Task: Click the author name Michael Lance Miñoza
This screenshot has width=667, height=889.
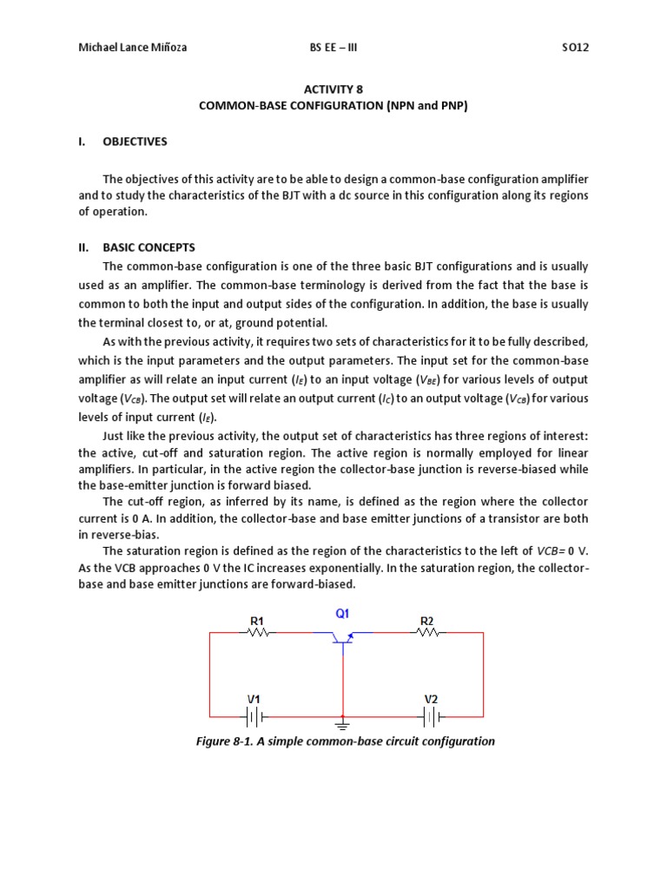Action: point(132,47)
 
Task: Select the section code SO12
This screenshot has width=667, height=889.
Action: point(575,47)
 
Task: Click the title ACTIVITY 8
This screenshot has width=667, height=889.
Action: point(333,89)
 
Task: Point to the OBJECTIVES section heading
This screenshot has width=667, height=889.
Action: point(135,141)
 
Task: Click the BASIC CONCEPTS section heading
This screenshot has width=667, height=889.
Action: point(149,247)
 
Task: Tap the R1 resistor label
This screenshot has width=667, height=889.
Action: point(257,620)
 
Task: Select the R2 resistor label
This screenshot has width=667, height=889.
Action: point(426,620)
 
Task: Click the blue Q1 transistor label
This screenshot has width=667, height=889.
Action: point(342,613)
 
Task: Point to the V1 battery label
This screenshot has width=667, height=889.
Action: point(254,698)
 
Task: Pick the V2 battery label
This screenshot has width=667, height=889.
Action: point(431,698)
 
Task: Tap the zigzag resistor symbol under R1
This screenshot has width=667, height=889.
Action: point(258,633)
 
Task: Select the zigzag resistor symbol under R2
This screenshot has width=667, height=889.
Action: point(427,633)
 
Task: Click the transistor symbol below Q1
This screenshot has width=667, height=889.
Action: point(342,638)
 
